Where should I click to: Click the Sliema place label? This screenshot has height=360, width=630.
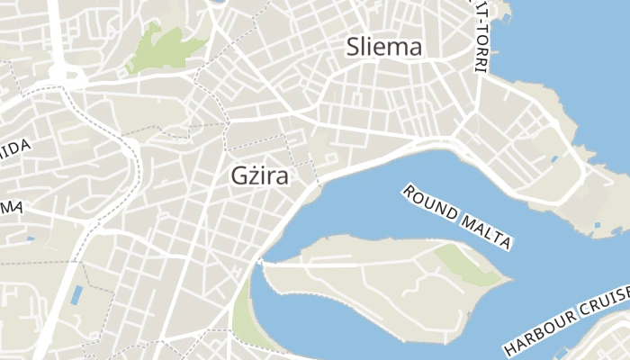pyautogui.click(x=384, y=48)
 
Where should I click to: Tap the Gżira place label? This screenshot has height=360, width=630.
pyautogui.click(x=259, y=176)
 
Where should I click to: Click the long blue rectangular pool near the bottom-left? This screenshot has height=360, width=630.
pyautogui.click(x=76, y=295)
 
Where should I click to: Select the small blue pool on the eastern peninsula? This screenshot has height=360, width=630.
pyautogui.click(x=553, y=160)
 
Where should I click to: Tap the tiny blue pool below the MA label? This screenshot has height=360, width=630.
pyautogui.click(x=31, y=238)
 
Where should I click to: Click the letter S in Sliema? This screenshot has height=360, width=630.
pyautogui.click(x=355, y=48)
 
